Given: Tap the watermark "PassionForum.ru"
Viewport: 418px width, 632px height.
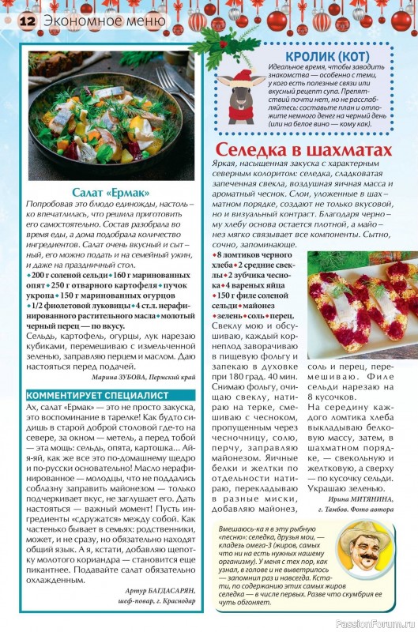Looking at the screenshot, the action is pos(374,623).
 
